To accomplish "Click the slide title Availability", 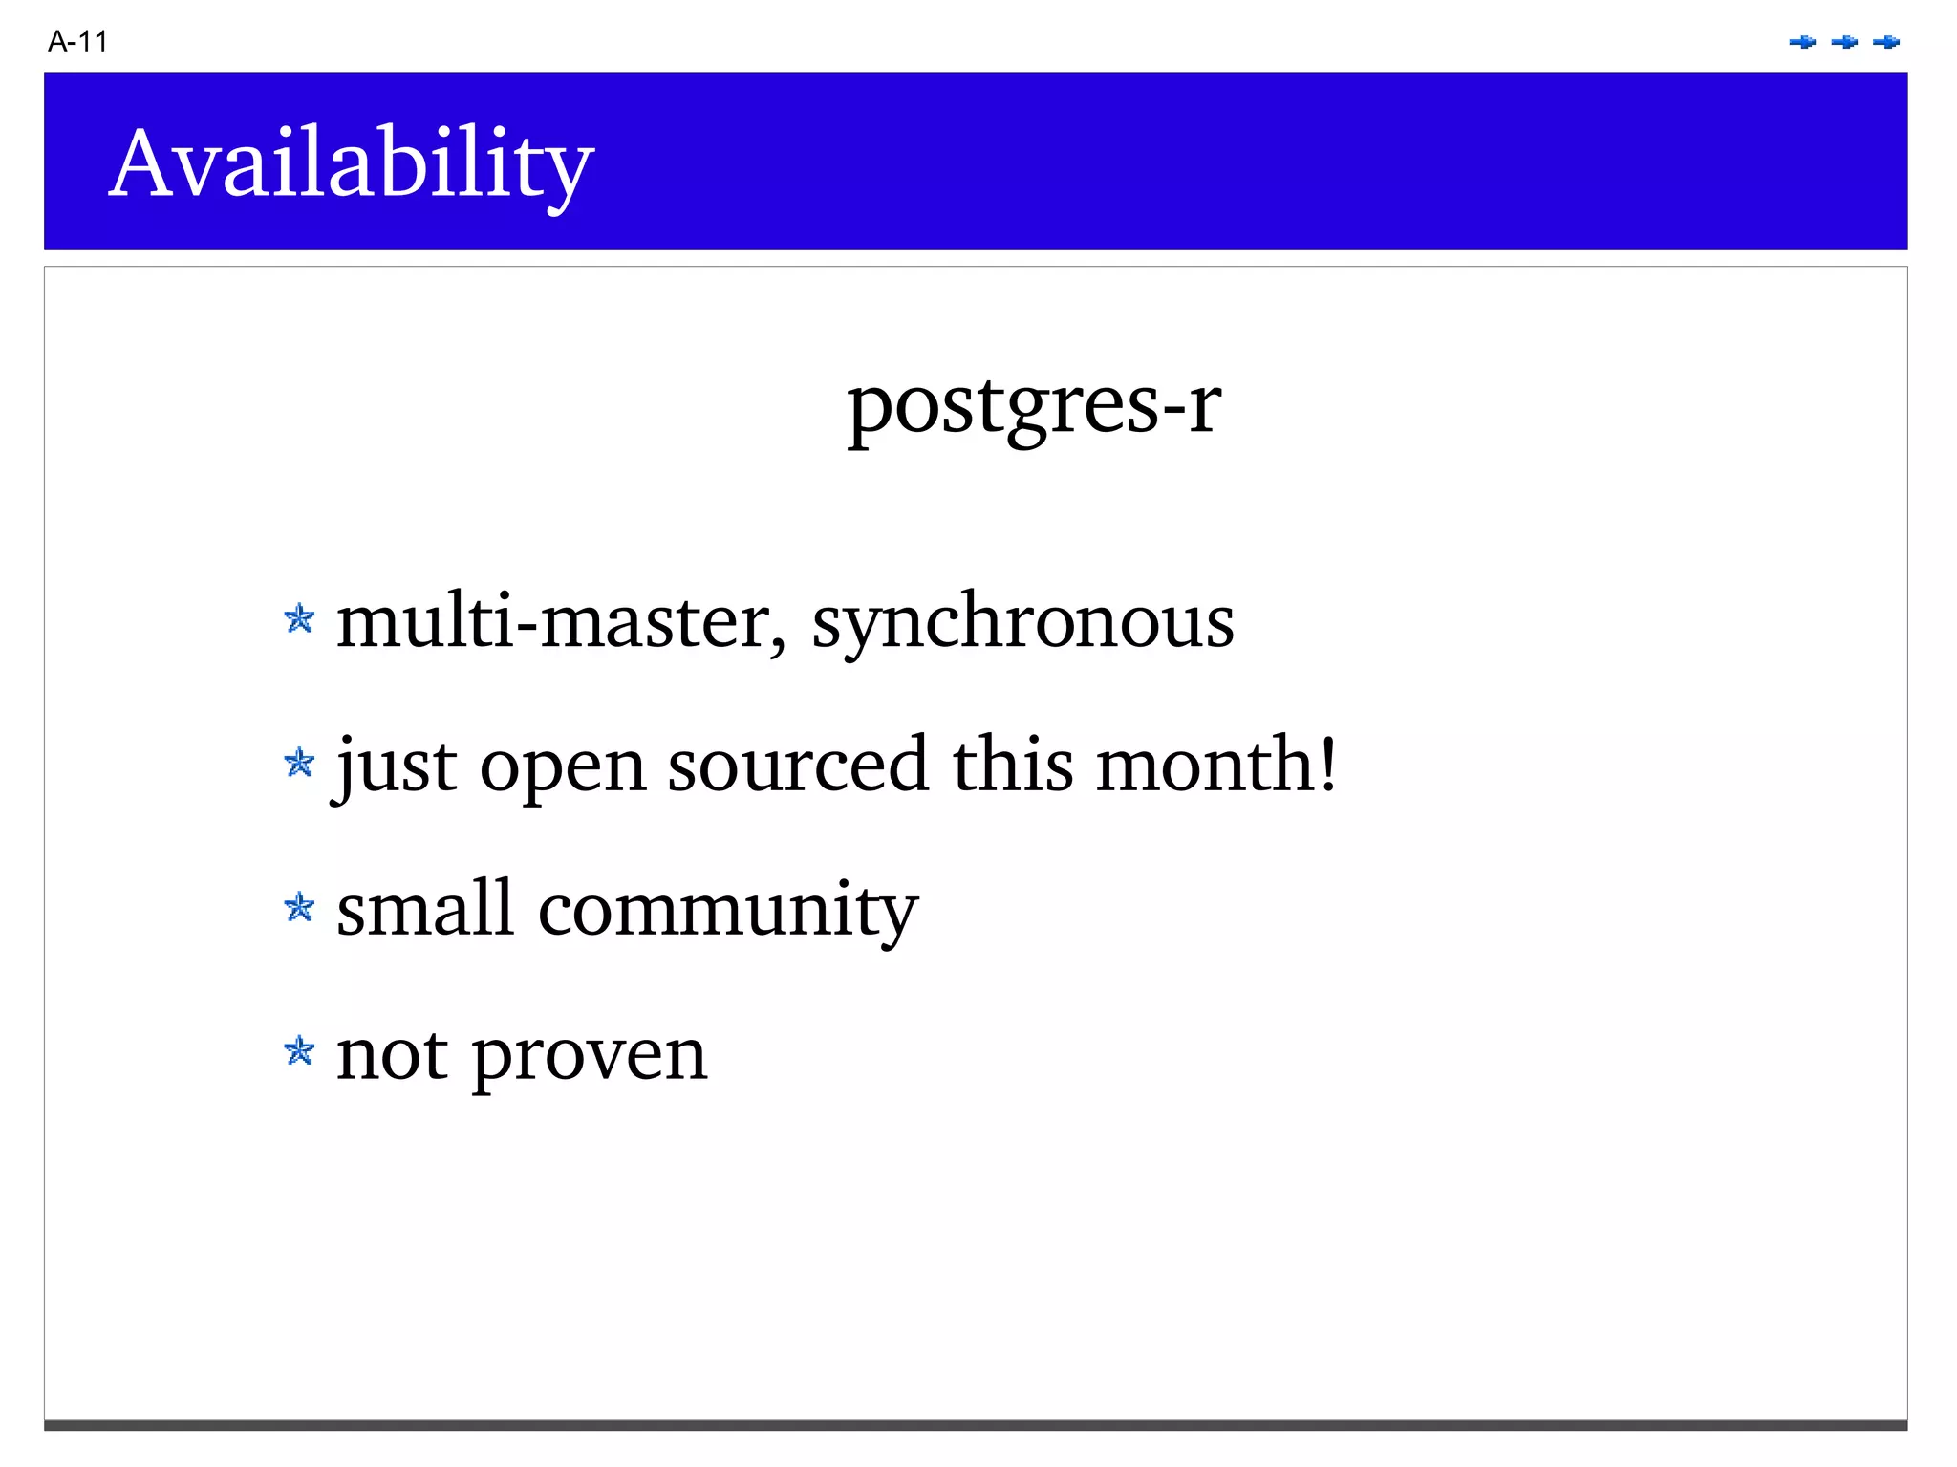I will [351, 164].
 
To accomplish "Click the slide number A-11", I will [77, 42].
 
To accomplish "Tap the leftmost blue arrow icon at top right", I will [1802, 42].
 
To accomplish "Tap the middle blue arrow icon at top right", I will [1844, 42].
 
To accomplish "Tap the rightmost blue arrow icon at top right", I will [1886, 42].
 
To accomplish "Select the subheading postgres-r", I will [1033, 405].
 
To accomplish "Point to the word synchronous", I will [1022, 623].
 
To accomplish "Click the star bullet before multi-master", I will [299, 619].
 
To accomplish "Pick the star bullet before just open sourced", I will [299, 763].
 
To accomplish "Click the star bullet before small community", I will [299, 907].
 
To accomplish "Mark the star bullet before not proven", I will [299, 1051].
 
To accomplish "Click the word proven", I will [589, 1057].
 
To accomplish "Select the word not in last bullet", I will [392, 1055].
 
